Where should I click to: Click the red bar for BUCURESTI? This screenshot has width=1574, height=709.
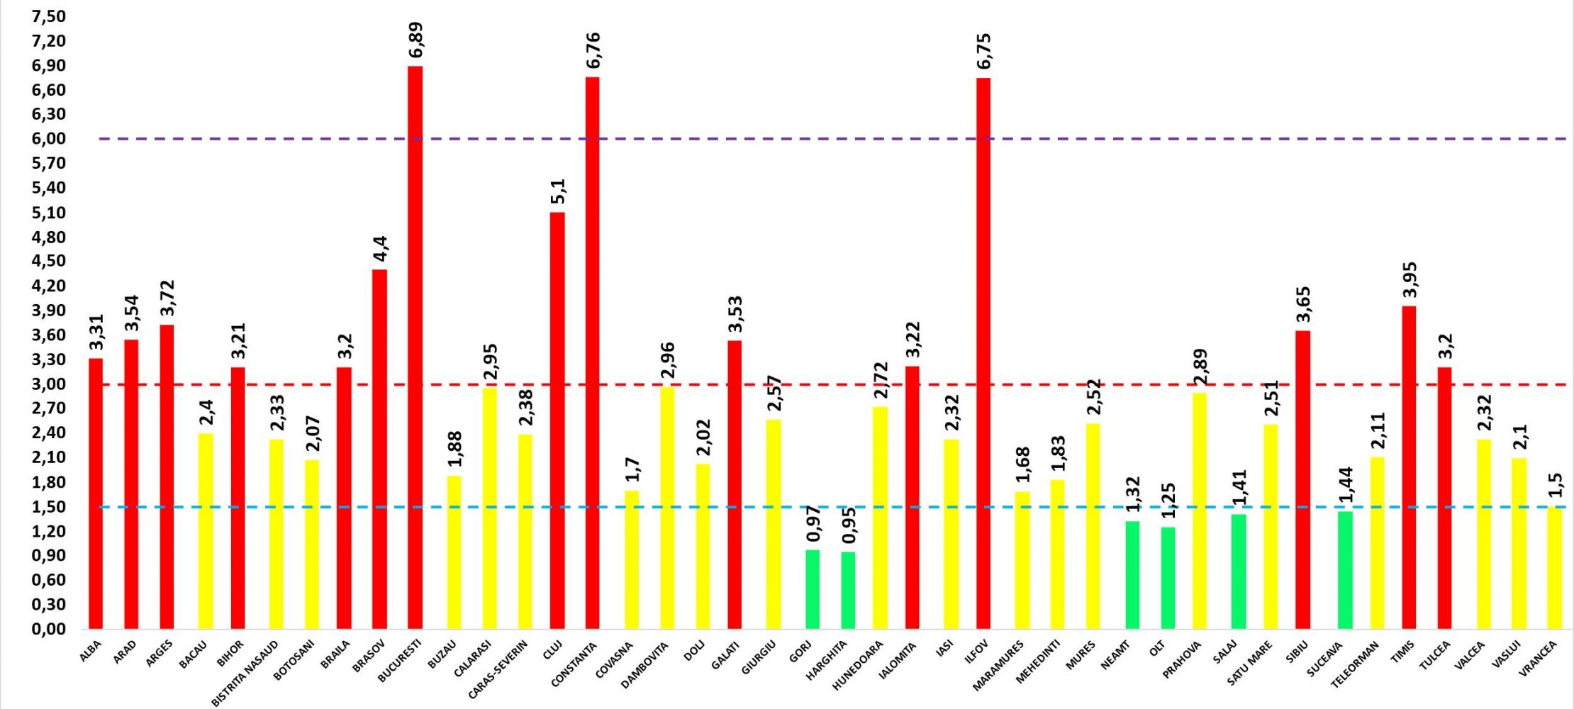coord(415,347)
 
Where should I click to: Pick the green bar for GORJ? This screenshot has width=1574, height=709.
coord(813,589)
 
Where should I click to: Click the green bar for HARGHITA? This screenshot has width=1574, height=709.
coord(848,590)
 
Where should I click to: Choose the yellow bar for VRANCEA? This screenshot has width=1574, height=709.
coord(1554,567)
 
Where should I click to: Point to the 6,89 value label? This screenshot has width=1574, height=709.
coord(416,40)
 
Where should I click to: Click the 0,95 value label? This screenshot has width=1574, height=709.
coord(849,525)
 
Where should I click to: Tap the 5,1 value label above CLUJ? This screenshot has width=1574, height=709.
coord(559,191)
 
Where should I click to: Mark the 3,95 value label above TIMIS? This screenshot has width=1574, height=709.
coord(1410,280)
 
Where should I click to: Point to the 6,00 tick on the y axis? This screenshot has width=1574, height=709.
coord(49,138)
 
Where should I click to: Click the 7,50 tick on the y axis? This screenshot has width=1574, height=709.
coord(49,16)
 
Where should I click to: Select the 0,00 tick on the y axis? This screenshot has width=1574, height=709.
coord(49,629)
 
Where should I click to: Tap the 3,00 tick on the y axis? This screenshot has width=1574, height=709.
coord(49,384)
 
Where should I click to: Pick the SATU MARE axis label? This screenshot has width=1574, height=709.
coord(1250,663)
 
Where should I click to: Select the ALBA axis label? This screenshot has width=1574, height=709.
coord(91,651)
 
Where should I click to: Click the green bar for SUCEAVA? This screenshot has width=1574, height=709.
coord(1345,570)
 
